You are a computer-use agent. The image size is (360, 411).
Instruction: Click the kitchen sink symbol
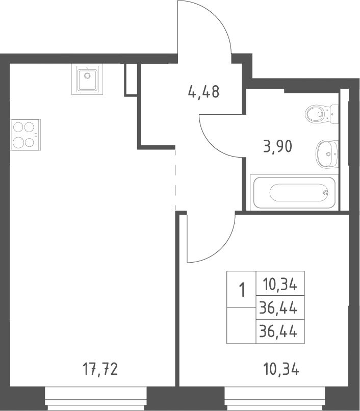(87, 79)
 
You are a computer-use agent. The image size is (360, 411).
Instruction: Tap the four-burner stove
(25, 135)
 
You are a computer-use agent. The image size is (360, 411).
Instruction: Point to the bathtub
(294, 193)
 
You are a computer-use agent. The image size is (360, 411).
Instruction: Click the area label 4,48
(203, 92)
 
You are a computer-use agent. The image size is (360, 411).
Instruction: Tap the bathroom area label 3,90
(277, 146)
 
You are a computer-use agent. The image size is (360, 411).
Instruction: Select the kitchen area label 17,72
(100, 369)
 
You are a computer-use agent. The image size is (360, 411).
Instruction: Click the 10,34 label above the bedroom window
(281, 370)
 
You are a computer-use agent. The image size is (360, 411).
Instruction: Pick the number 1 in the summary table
(242, 289)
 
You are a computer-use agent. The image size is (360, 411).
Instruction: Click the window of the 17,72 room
(96, 399)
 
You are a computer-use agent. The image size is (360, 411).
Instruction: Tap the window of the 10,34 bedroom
(275, 399)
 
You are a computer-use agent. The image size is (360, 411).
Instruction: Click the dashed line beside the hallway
(175, 180)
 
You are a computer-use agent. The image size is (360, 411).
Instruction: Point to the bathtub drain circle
(326, 193)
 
